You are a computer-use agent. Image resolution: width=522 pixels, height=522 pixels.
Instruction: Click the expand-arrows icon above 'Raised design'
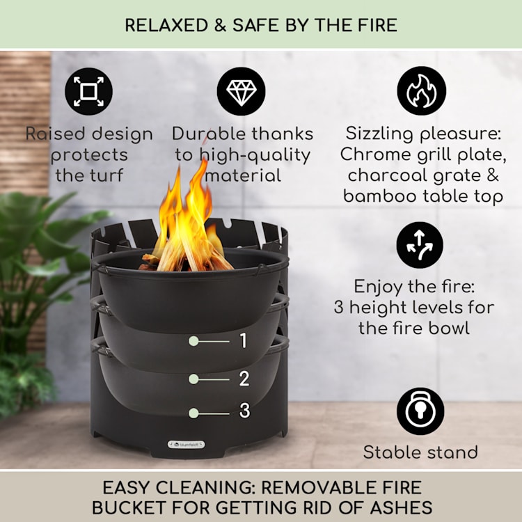(88, 91)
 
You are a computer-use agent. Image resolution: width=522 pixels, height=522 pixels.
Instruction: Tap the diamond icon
(241, 91)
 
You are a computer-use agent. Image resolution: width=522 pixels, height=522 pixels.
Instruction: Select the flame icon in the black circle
(421, 91)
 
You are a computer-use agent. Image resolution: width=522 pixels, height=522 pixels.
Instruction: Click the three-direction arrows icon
(420, 246)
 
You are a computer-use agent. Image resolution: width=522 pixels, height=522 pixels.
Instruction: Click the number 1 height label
(244, 341)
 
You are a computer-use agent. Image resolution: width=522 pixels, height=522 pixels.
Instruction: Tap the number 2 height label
(244, 379)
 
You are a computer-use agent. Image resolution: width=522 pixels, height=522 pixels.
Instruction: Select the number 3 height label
(244, 412)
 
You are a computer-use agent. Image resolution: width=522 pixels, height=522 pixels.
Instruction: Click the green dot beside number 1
(194, 341)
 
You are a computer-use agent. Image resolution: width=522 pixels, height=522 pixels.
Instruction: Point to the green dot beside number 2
(194, 379)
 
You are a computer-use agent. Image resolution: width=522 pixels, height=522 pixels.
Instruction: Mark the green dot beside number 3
(194, 413)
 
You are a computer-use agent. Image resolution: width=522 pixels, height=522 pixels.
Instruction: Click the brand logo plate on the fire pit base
(186, 443)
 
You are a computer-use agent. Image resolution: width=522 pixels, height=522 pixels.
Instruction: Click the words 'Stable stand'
(420, 452)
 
